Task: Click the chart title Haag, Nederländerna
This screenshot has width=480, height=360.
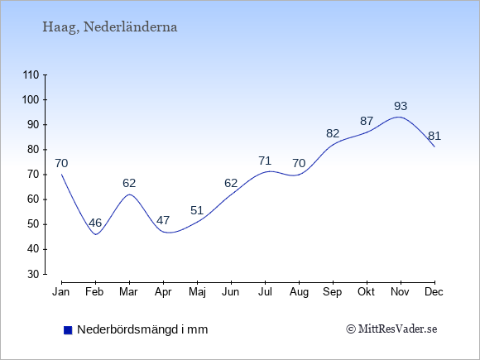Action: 109,27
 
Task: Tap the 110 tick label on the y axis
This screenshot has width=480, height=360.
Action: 31,74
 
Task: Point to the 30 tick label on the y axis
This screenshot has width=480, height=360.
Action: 33,274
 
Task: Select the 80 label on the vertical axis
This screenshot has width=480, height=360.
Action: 33,150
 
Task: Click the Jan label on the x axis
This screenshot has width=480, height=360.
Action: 61,292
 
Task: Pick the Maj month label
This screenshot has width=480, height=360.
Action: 197,292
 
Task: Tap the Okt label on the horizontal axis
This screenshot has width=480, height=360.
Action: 366,292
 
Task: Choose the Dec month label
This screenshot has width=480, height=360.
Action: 434,292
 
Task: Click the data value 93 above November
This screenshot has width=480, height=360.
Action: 401,106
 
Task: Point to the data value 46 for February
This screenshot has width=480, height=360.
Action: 95,223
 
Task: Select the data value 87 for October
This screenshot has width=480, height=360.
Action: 367,121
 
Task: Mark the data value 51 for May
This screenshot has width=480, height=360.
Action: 197,210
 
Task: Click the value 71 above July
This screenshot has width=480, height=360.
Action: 265,161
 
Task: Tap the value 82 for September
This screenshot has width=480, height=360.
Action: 333,133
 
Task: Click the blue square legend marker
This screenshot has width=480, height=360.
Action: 68,330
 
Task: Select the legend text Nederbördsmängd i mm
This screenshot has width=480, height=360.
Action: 142,329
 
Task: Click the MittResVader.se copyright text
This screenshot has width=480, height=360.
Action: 391,329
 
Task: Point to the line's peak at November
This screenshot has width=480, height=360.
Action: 399,117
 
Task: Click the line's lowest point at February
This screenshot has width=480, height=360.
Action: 96,234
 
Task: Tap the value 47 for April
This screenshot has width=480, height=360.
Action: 163,220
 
